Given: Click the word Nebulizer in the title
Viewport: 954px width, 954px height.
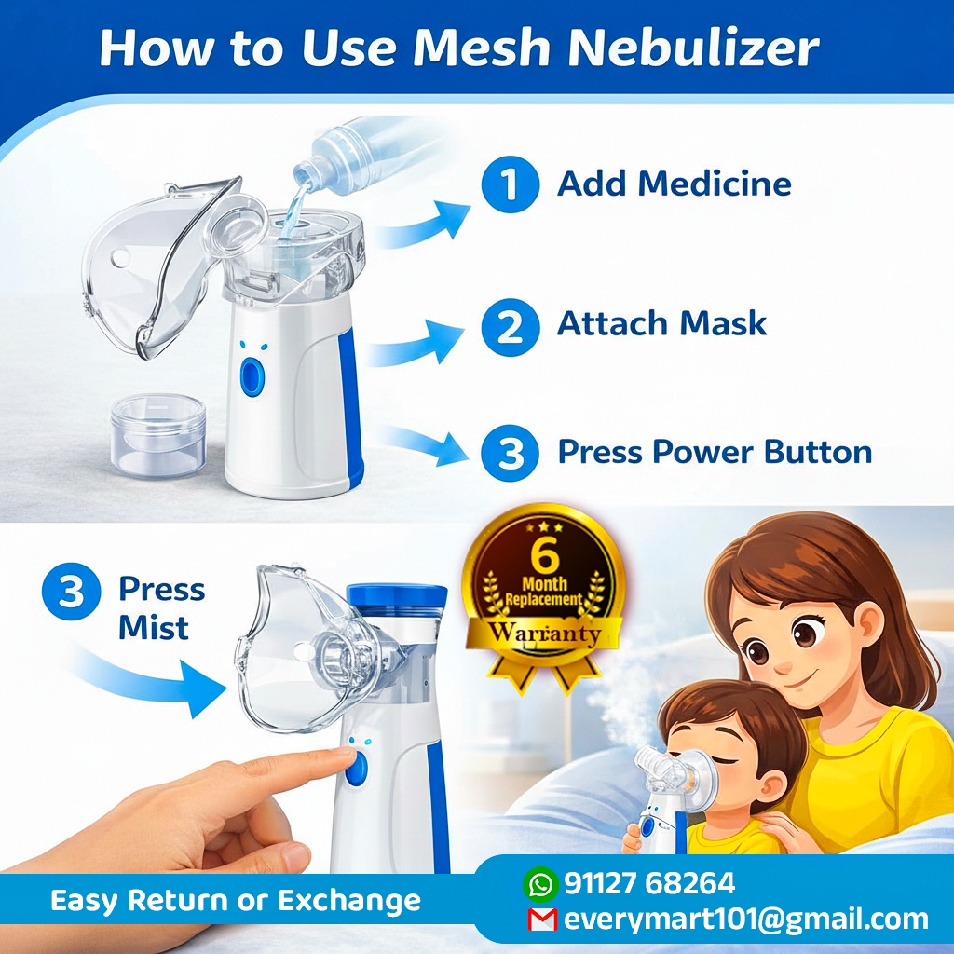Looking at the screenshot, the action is [693, 47].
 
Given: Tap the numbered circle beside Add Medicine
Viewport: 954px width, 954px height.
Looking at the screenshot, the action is [510, 184].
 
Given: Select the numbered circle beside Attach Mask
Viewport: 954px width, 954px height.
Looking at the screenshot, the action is [510, 327].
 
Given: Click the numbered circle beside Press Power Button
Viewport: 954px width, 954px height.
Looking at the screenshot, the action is [510, 454].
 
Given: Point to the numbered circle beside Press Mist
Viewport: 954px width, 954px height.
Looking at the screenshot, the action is [71, 592].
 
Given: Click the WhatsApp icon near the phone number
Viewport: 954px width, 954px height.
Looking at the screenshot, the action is [540, 884].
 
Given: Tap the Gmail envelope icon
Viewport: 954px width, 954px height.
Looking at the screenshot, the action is [542, 920].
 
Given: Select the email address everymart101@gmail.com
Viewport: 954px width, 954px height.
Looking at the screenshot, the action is [746, 920].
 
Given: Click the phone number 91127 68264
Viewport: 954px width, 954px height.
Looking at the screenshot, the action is [649, 883].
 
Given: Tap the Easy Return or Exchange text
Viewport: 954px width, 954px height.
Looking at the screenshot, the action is [236, 901].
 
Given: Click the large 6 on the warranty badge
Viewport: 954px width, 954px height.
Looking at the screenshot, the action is [544, 553].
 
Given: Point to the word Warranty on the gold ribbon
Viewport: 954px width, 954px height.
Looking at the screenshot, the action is [544, 633].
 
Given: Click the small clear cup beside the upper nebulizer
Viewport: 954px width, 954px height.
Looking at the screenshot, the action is [158, 434].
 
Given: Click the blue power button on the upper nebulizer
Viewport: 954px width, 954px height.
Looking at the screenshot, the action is [252, 377].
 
